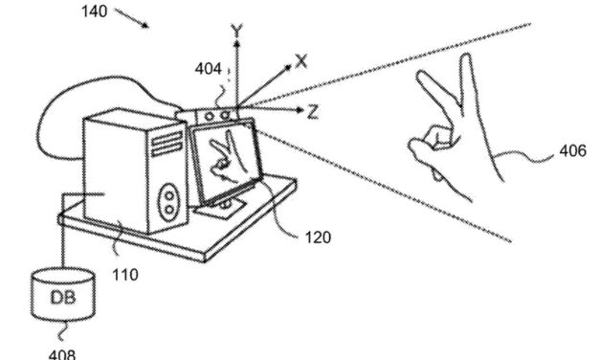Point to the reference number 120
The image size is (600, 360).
(322, 237)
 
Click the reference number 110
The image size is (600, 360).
(123, 275)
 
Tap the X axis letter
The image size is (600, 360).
(301, 60)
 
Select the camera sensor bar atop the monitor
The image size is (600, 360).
(213, 115)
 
